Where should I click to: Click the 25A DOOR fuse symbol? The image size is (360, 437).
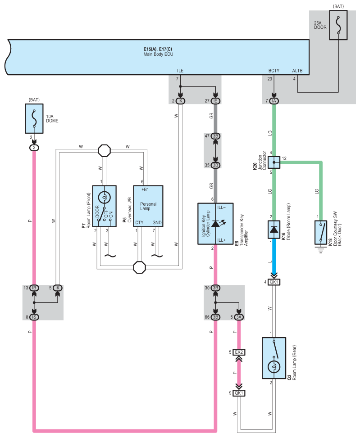338,25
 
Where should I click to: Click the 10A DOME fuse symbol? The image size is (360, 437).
34,118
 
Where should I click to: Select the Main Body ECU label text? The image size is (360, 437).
158,54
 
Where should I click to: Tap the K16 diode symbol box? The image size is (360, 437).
274,230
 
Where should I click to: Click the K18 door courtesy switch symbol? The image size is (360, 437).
321,232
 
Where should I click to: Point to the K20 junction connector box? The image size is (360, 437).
274,162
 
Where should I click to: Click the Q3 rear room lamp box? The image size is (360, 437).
274,358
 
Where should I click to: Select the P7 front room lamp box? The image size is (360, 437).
105,206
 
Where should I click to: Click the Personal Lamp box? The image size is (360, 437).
148,206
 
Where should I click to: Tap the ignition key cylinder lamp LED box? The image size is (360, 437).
215,224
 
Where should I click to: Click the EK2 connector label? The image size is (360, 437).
239,352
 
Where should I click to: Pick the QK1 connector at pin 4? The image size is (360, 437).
274,282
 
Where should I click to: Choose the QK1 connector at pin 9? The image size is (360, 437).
239,393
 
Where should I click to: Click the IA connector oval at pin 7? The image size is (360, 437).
274,101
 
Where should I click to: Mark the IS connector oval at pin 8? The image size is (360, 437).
34,317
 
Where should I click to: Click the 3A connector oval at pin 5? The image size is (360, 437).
239,317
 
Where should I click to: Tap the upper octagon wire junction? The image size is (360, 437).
105,150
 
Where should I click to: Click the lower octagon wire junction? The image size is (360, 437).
140,267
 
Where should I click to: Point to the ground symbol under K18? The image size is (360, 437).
321,249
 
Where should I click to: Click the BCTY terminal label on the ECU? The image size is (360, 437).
274,71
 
